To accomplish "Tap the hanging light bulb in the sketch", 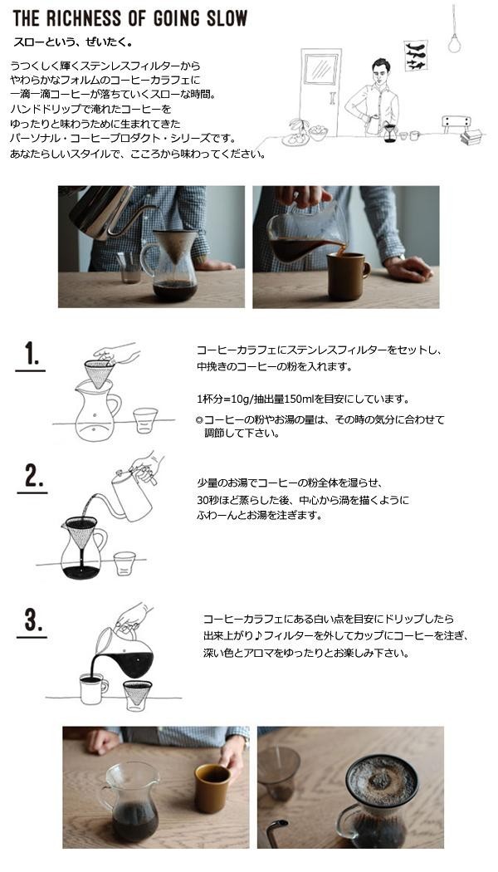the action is tap(454, 43).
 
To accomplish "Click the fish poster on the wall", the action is tap(415, 56).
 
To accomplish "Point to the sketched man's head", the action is tap(381, 71).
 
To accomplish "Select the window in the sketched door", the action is tap(320, 69).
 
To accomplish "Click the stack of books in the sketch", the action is tap(472, 137).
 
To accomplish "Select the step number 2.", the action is tap(34, 476).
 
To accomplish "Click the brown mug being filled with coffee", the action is tap(348, 277).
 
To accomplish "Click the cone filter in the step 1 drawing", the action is tap(99, 373).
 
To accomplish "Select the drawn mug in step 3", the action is tap(93, 689).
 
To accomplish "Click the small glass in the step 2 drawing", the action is tap(124, 563).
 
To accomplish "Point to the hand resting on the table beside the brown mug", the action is tap(408, 268).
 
